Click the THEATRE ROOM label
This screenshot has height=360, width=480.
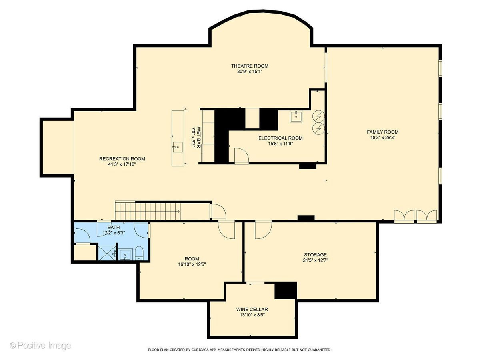(250, 66)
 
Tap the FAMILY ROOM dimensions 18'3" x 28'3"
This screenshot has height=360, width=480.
(382, 138)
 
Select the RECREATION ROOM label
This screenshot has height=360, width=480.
(122, 159)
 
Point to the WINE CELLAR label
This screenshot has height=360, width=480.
(252, 309)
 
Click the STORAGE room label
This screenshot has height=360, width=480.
(315, 255)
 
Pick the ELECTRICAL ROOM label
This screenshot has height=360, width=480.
(280, 138)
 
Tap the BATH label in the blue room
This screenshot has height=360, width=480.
(114, 228)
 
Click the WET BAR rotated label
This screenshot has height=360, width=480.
(199, 137)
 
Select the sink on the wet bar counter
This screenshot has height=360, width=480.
(178, 147)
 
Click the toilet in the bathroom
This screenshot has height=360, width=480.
(139, 253)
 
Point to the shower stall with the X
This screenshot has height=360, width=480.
(107, 253)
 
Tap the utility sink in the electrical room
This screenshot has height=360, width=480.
(296, 116)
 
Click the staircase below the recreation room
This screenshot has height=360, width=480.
(148, 211)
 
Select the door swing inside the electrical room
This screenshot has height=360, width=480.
(242, 156)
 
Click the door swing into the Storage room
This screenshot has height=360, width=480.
(264, 230)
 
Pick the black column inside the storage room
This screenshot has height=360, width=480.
(286, 290)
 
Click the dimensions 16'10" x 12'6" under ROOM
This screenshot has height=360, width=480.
(192, 264)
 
